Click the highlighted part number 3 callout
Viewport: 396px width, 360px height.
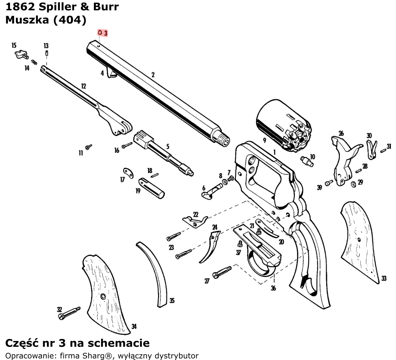point(103,33)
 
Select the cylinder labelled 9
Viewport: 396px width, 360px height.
point(283,124)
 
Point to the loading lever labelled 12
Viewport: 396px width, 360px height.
point(86,100)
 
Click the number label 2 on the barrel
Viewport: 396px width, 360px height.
point(153,74)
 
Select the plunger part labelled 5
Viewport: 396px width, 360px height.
point(162,152)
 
